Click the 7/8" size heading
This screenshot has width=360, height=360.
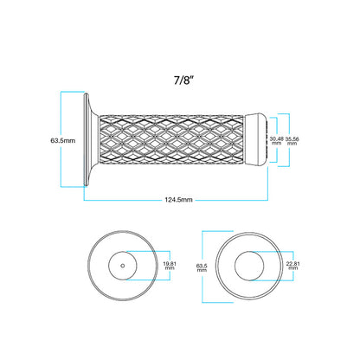183,79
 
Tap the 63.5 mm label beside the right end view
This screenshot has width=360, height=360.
202,267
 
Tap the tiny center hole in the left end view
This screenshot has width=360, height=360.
122,267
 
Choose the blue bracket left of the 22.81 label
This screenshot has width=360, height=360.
280,267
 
